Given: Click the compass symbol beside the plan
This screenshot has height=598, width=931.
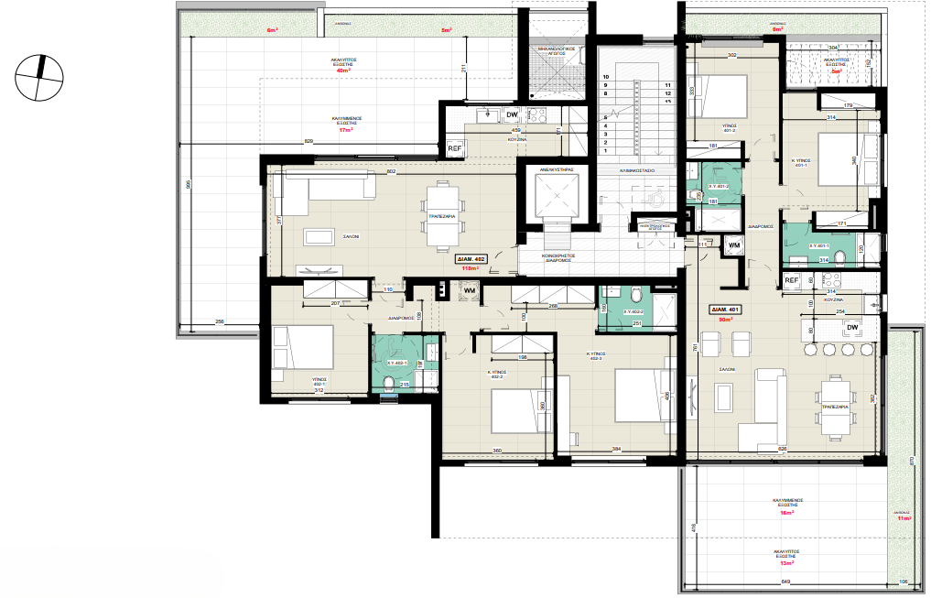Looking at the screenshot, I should pyautogui.click(x=38, y=75).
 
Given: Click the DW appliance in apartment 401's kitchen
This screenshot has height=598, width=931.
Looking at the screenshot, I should pyautogui.click(x=851, y=327).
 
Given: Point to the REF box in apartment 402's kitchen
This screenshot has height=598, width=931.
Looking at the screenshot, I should pyautogui.click(x=455, y=148).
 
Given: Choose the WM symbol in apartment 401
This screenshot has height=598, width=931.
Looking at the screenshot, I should pyautogui.click(x=732, y=245).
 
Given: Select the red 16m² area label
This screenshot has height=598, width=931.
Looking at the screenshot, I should pyautogui.click(x=785, y=513).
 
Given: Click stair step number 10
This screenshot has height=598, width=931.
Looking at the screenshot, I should pyautogui.click(x=605, y=76).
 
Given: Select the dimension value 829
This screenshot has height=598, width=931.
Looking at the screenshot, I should pyautogui.click(x=309, y=140).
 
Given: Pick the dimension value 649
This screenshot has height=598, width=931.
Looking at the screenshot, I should pyautogui.click(x=785, y=582).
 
